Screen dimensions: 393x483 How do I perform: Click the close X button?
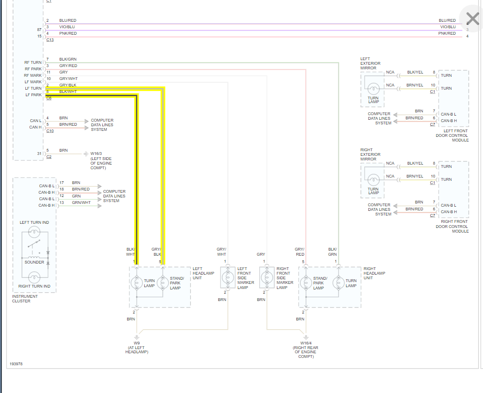point(472,18)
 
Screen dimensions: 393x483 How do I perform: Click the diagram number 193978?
point(16,364)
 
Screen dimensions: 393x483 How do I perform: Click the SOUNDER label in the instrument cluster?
point(34,262)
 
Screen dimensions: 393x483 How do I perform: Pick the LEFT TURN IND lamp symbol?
point(34,232)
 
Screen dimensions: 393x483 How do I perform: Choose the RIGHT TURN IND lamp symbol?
point(34,278)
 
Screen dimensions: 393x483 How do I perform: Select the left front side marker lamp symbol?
point(226,278)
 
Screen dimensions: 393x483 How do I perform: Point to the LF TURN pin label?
point(33,88)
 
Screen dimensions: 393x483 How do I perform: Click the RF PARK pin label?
point(33,69)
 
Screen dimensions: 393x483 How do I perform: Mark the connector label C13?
point(50,40)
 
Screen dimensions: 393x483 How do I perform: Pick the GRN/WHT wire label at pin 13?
point(81,203)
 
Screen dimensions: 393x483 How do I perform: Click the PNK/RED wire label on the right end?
point(447,33)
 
